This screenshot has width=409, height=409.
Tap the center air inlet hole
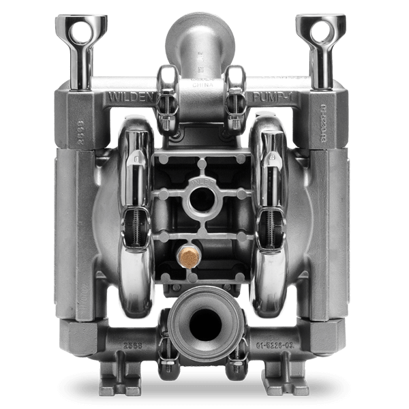click(204, 199)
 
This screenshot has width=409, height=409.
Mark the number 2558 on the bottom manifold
click(134, 346)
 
